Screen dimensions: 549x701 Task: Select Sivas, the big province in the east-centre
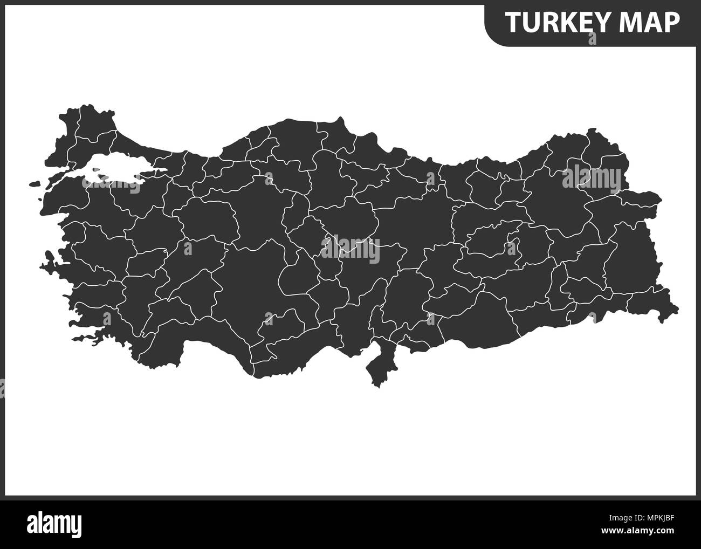pyautogui.click(x=418, y=221)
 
